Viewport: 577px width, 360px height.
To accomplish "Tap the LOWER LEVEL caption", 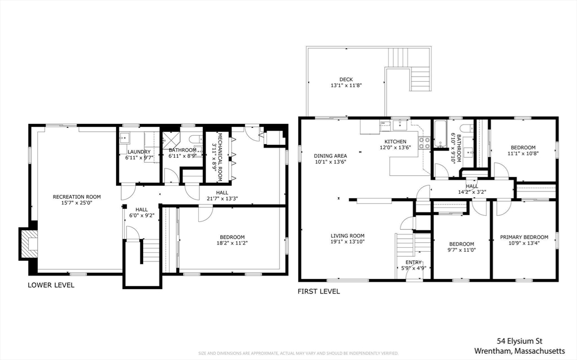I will (51, 285).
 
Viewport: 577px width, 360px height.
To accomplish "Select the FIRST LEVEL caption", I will (318, 291).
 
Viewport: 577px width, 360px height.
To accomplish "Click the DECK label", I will (346, 79).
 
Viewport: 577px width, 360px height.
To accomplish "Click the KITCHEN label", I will (395, 141).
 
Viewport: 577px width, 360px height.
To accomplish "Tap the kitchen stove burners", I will (424, 143).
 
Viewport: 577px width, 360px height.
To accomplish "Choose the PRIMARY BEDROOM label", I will (524, 237).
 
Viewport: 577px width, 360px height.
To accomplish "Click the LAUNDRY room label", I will (138, 152).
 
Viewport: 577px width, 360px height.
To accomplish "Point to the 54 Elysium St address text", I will (519, 340).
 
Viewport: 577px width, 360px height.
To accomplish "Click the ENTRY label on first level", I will (413, 263).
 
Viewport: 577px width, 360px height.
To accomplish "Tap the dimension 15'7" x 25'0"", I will (77, 203).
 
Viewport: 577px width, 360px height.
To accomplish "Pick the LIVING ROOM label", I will (347, 236).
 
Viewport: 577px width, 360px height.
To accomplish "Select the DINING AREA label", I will (330, 155).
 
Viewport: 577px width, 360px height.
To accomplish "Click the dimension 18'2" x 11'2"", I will (232, 243).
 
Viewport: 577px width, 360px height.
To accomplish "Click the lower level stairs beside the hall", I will (149, 251).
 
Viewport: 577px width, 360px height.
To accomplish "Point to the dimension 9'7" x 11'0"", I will (461, 250).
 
